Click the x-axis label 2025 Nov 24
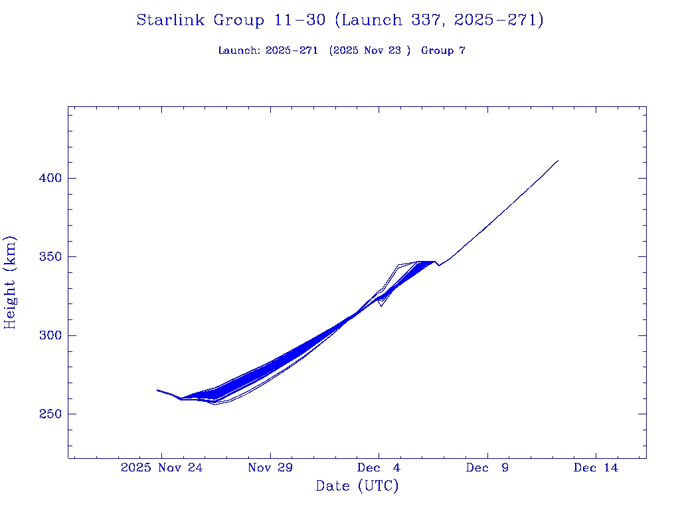point(161,468)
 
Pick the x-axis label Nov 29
point(270,468)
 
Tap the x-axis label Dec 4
point(379,468)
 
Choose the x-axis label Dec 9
point(487,468)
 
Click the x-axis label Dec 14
point(596,468)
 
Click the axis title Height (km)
point(10,282)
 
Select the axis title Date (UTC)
point(357,487)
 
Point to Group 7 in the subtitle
point(443,50)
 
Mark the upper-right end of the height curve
point(558,161)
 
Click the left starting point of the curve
point(157,390)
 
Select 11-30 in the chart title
point(299,21)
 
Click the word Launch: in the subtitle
point(239,50)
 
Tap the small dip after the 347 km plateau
point(438,266)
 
